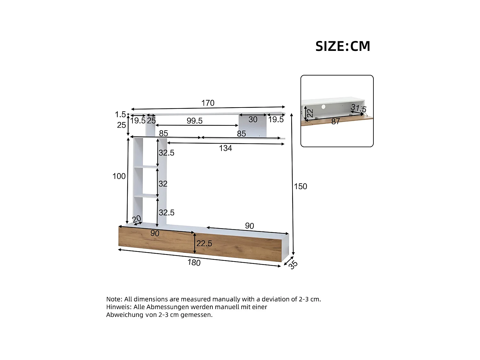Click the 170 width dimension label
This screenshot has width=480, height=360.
(x=208, y=103)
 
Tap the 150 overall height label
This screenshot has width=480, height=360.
(x=300, y=186)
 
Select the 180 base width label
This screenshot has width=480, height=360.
(x=194, y=262)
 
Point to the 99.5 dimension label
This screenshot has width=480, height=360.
(x=195, y=121)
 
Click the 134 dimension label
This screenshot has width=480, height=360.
(x=225, y=148)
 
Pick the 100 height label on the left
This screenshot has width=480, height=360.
(x=119, y=176)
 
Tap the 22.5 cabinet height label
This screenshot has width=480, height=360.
(x=204, y=244)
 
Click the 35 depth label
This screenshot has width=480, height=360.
(x=293, y=264)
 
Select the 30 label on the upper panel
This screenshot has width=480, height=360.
(x=253, y=119)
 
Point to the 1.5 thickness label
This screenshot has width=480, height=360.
(x=120, y=114)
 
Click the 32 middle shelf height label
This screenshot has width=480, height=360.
(x=163, y=184)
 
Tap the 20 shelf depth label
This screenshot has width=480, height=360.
(x=137, y=219)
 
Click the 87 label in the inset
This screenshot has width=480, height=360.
(x=335, y=121)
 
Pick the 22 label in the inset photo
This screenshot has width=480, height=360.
(x=310, y=113)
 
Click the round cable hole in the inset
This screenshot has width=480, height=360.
(x=324, y=107)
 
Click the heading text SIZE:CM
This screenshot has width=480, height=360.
(x=343, y=46)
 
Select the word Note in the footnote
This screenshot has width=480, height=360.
(x=114, y=299)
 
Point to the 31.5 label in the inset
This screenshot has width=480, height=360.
(x=358, y=108)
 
